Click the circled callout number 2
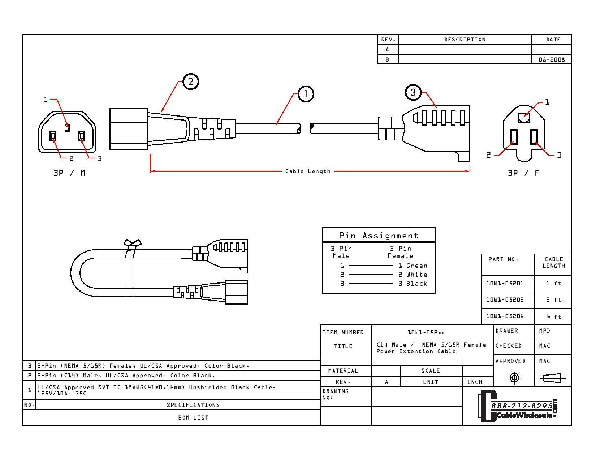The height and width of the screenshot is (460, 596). (191, 82)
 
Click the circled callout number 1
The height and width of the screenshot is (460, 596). (306, 94)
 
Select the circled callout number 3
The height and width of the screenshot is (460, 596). (413, 92)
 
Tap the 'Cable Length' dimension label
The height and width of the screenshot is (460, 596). (308, 171)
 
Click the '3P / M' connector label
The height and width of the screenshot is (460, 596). (69, 173)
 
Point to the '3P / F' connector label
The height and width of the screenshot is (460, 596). (523, 173)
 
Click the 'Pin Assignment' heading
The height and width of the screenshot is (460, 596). (379, 236)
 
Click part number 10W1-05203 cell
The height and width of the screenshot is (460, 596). (505, 300)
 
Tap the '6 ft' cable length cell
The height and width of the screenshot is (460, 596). (553, 317)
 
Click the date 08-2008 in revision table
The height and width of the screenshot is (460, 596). (552, 60)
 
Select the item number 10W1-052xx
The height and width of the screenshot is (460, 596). (426, 332)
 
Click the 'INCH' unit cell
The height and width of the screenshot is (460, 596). (475, 382)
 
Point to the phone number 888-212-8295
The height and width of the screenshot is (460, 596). (522, 406)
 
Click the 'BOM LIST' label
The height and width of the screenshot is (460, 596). (193, 417)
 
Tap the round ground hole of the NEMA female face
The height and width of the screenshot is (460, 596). (524, 117)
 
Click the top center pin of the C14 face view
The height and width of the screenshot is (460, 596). (67, 128)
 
